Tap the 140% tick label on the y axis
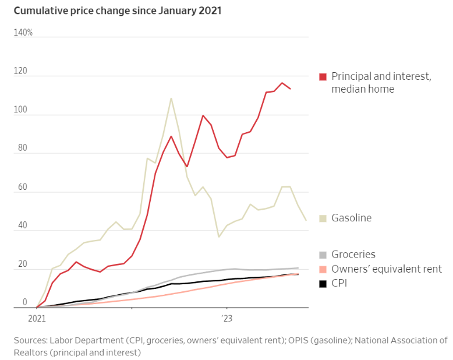point(23,33)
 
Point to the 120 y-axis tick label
point(21,71)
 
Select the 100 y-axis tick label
point(21,110)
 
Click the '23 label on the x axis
point(226,319)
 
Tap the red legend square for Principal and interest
point(323,77)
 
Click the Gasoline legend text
point(351,218)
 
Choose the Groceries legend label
point(353,255)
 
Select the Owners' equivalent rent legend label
point(387,269)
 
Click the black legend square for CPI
point(323,284)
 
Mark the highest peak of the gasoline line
point(171,98)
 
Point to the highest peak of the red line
point(282,83)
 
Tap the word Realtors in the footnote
point(32,352)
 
